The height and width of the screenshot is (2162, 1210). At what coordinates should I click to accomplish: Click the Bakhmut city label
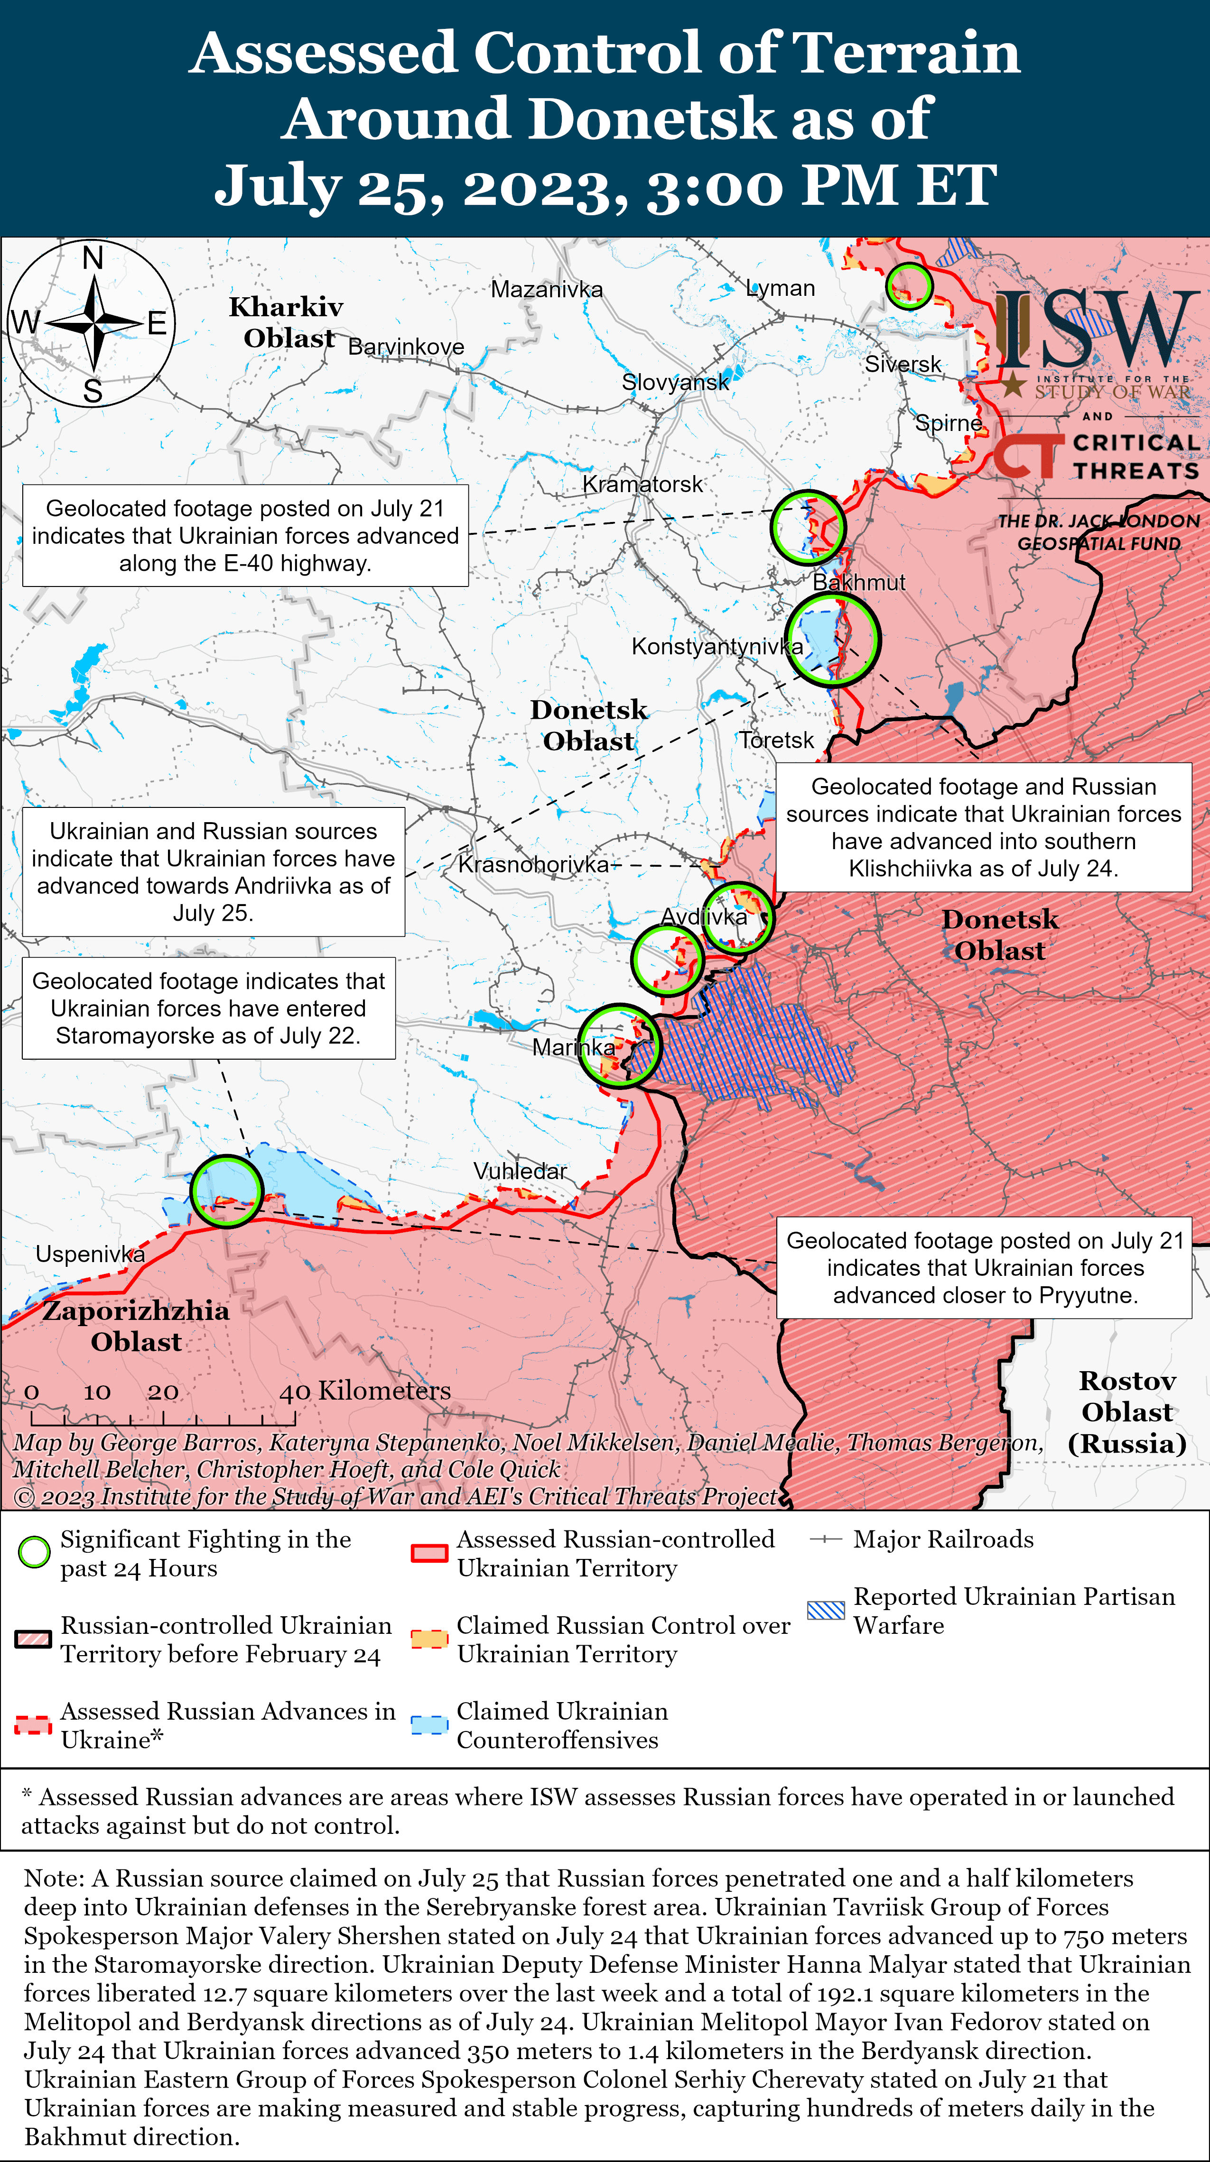859,583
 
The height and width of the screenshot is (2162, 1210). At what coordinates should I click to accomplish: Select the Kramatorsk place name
642,484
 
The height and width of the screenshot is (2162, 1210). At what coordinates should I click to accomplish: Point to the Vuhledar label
520,1170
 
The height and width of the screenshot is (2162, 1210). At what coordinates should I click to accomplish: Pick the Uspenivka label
90,1254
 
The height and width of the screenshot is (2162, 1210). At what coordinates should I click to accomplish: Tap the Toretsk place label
776,740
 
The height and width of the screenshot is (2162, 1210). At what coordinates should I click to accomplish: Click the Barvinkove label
406,347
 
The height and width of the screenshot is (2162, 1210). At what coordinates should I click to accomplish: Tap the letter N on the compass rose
93,257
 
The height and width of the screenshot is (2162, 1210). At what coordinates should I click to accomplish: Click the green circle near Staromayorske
226,1191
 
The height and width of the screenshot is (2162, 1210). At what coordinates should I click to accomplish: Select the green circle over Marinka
620,1046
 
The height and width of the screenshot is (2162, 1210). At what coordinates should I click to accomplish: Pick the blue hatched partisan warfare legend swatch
826,1610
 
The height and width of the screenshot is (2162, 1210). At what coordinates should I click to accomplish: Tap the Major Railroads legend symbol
826,1539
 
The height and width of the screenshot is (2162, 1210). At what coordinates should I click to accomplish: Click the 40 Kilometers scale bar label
365,1391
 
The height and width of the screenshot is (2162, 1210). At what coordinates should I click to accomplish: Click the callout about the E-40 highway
245,535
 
